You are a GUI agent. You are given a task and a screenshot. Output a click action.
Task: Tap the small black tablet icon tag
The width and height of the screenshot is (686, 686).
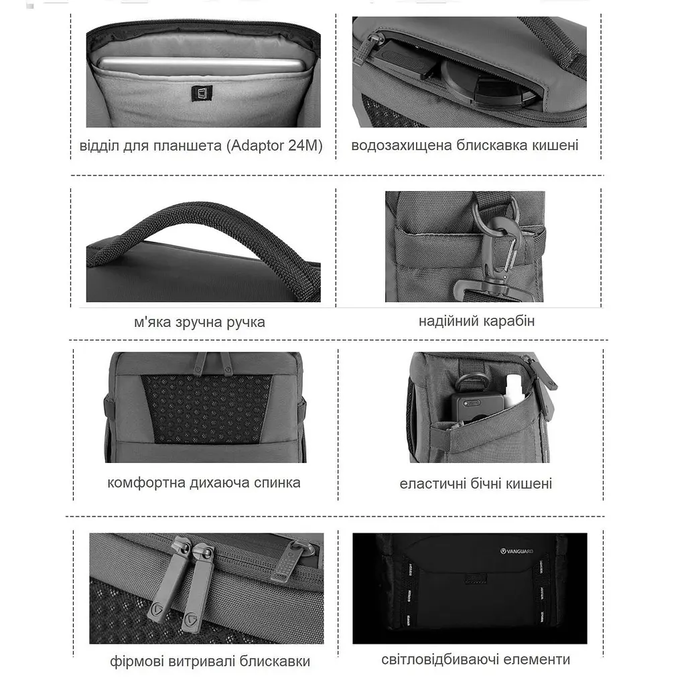pos(202,93)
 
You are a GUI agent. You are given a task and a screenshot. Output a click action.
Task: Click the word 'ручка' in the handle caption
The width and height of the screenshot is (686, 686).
pos(245,322)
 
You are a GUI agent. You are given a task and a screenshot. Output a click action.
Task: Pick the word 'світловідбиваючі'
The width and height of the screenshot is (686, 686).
pos(440,659)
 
